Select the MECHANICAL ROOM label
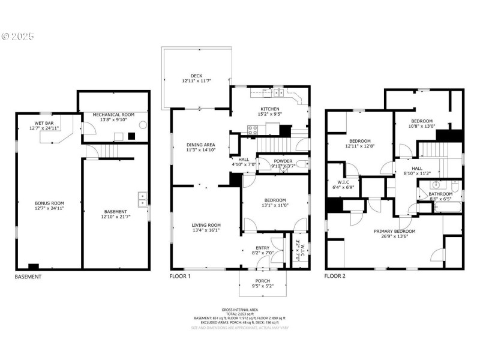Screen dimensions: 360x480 coord(113,114)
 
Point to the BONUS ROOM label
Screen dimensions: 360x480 coord(49,205)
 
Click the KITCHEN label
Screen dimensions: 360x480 coord(269,109)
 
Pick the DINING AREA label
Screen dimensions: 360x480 coord(200,145)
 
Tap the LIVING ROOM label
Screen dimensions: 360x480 coord(206,226)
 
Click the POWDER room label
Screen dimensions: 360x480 coord(283,161)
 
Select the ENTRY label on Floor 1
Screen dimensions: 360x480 coord(263,248)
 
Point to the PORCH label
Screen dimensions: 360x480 coord(262,281)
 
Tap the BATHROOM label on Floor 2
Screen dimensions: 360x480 coord(440,194)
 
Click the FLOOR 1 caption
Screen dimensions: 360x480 coord(181,277)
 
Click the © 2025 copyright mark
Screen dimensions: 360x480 coord(18,37)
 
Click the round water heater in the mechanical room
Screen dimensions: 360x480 coord(143,125)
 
